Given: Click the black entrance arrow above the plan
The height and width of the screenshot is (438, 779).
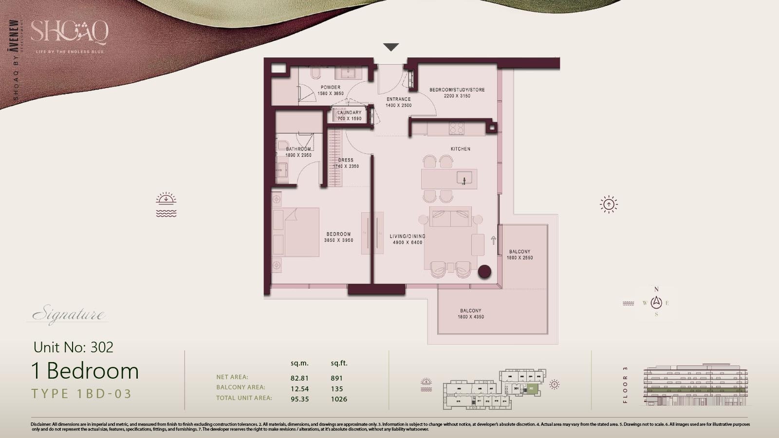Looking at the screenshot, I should pos(391,47).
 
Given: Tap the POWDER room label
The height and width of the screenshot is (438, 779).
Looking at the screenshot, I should pos(331,88).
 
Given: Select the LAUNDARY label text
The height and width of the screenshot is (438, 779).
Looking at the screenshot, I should pos(350,112).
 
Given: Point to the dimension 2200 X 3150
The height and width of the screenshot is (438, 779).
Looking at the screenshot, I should pos(457,96).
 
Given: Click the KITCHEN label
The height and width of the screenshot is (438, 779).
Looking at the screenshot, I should pos(460,149).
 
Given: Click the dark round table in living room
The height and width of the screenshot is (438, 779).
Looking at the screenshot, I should pos(484,272).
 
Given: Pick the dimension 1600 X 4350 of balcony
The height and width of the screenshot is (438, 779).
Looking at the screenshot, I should pos(470,317).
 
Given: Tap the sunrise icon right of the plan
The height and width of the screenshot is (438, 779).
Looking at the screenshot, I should pos(609,204).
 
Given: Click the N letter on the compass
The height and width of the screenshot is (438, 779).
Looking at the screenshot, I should pos(656,289).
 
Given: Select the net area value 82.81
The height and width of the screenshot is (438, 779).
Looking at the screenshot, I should pos(299,378).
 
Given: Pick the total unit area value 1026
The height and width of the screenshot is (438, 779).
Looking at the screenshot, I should pos(339,399).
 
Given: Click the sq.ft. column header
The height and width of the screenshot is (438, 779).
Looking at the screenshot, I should pos(339,363).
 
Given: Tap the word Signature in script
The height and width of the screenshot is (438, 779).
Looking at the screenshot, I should pos(68,315).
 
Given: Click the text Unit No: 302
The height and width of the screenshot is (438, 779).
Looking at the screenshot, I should pos(74,347).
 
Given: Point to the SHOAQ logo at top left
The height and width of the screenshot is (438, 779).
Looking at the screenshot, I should pos(70,33).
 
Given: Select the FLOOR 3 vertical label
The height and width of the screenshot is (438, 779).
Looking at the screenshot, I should pos(625,385).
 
